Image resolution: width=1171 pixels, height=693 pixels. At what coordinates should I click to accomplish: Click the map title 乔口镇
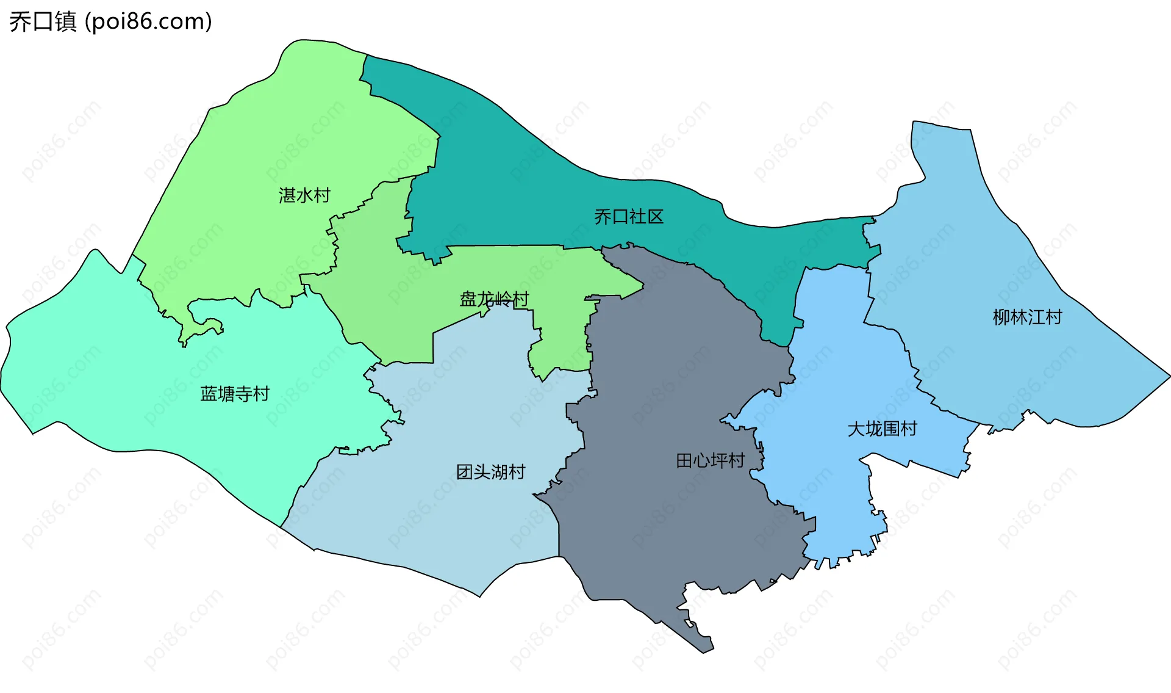pyautogui.click(x=43, y=21)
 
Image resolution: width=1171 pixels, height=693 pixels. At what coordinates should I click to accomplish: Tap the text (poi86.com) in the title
pyautogui.click(x=148, y=21)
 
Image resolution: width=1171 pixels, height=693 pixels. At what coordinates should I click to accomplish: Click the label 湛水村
pyautogui.click(x=304, y=195)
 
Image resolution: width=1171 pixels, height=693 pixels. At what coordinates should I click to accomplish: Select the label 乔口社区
pyautogui.click(x=629, y=217)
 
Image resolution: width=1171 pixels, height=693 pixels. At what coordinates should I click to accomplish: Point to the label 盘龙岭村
pyautogui.click(x=494, y=299)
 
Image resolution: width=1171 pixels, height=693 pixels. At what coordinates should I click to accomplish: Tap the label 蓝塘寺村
pyautogui.click(x=235, y=394)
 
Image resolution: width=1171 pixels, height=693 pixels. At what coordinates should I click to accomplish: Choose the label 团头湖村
pyautogui.click(x=491, y=472)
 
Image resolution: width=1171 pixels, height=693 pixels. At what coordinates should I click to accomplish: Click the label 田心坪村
pyautogui.click(x=711, y=460)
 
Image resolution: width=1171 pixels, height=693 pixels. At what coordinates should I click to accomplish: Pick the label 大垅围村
pyautogui.click(x=883, y=429)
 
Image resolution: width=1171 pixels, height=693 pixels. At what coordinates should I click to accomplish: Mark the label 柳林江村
pyautogui.click(x=1028, y=317)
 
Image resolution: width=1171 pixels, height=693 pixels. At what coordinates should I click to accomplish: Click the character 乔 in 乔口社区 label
pyautogui.click(x=603, y=217)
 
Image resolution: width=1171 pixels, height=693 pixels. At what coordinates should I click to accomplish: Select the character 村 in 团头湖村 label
pyautogui.click(x=517, y=472)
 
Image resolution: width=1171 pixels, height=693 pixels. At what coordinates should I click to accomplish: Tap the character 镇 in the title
pyautogui.click(x=65, y=21)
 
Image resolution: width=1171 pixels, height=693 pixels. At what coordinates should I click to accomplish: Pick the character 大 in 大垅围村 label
pyautogui.click(x=856, y=429)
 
